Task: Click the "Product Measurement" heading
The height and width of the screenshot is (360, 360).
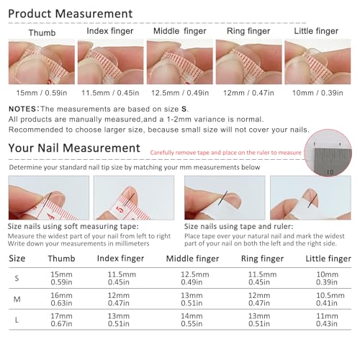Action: pos(71,14)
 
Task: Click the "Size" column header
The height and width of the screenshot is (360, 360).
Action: pos(17,258)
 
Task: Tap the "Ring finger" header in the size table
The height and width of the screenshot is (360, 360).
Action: pos(262,258)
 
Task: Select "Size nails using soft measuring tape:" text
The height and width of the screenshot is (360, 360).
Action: pos(63,226)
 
